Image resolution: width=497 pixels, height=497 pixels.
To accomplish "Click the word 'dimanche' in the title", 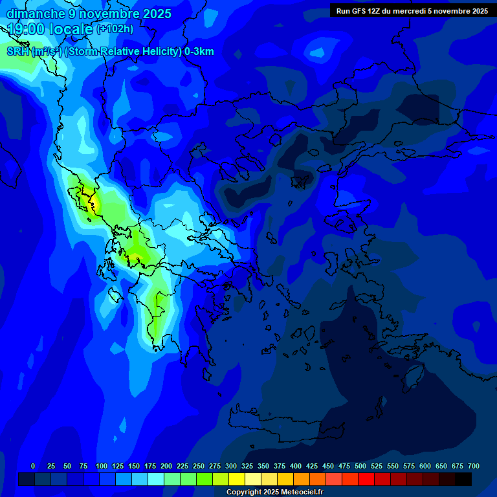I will (x=36, y=14).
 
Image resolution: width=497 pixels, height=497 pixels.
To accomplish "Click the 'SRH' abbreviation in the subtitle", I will (x=18, y=52).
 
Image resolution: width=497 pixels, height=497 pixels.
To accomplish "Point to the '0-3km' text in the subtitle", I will (x=199, y=52).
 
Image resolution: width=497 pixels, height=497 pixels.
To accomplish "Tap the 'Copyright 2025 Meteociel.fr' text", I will (x=274, y=492).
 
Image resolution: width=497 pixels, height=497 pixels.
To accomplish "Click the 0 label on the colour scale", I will (x=33, y=466).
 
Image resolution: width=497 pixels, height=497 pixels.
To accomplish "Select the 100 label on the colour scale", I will (x=102, y=466).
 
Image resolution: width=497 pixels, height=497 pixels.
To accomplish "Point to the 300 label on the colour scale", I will (x=231, y=466).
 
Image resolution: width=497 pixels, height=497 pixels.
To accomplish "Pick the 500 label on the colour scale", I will (x=360, y=466).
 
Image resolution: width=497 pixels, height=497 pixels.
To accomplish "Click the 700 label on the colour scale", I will (x=474, y=466).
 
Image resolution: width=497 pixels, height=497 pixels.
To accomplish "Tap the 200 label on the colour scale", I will (x=166, y=466).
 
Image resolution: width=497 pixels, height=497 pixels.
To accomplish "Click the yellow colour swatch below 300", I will (x=237, y=479).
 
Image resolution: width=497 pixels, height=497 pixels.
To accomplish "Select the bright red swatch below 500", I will (x=366, y=479).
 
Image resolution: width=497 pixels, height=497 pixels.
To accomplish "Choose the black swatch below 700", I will (x=463, y=479).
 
